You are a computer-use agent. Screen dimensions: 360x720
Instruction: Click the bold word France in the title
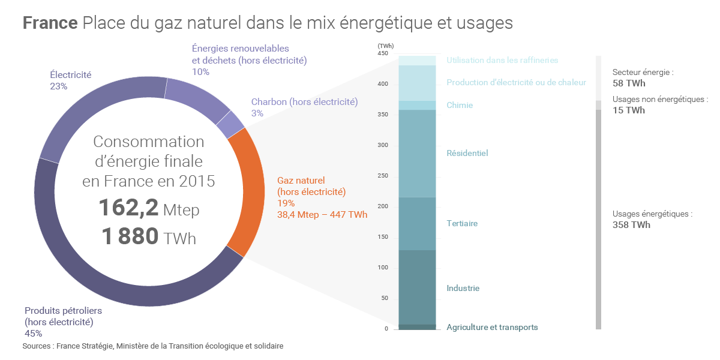tap(50, 23)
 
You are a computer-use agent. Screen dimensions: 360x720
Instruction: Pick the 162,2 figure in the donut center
tap(128, 208)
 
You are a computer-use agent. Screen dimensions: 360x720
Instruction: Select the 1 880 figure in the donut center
tap(130, 237)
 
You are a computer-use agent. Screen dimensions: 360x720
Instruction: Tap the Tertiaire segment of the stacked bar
tap(417, 223)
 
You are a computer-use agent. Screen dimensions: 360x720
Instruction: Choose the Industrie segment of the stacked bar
tap(417, 287)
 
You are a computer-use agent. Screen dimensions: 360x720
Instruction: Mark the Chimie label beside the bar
tap(460, 106)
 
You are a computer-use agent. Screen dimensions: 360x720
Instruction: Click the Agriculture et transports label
tap(492, 327)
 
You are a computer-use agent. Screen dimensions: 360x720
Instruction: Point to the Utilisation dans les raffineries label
tap(502, 60)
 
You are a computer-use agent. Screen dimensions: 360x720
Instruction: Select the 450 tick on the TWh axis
tap(383, 53)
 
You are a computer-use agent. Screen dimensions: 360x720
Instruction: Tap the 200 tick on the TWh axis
tap(383, 206)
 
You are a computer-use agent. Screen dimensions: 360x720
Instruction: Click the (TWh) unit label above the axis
tap(385, 46)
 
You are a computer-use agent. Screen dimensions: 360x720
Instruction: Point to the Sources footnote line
tap(152, 346)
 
